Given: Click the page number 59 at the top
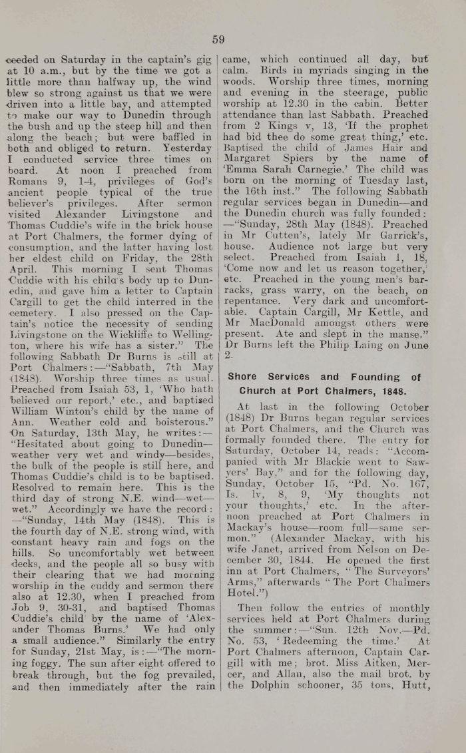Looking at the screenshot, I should pyautogui.click(x=219, y=39).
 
